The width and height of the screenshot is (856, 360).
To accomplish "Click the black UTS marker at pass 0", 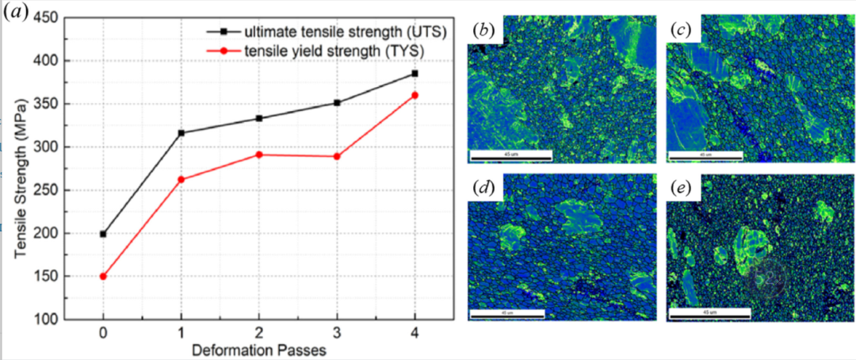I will (x=103, y=234).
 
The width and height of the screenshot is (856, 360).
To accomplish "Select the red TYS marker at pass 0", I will (x=103, y=277).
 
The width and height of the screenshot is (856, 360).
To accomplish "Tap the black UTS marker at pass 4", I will (x=415, y=74).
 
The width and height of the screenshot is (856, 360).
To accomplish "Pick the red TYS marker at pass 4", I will (x=415, y=95).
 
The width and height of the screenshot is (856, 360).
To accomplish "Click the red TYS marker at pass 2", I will (x=259, y=155).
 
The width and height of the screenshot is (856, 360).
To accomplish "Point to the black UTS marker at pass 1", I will (x=182, y=132).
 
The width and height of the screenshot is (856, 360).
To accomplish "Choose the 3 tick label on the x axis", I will (x=337, y=333).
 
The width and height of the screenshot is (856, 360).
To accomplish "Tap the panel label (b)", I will (x=483, y=30).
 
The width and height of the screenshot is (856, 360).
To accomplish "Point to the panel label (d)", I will (x=483, y=189).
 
